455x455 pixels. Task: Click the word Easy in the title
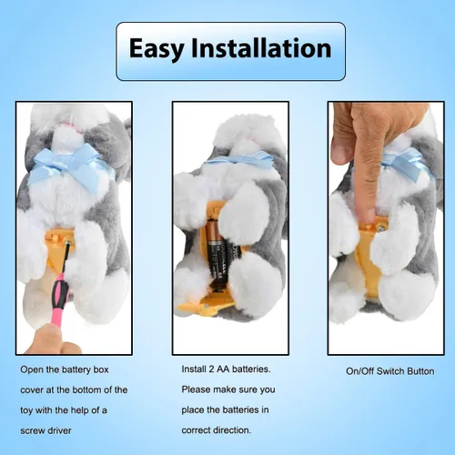(x=157, y=49)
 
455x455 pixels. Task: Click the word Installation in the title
(x=261, y=47)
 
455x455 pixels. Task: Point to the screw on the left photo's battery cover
(x=67, y=243)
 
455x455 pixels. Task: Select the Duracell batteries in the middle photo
(x=223, y=258)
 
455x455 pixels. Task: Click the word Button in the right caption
(x=420, y=371)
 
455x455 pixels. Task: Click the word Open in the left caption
(x=32, y=370)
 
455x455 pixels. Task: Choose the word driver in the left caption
(x=58, y=430)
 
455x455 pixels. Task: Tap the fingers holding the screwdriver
(x=52, y=339)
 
